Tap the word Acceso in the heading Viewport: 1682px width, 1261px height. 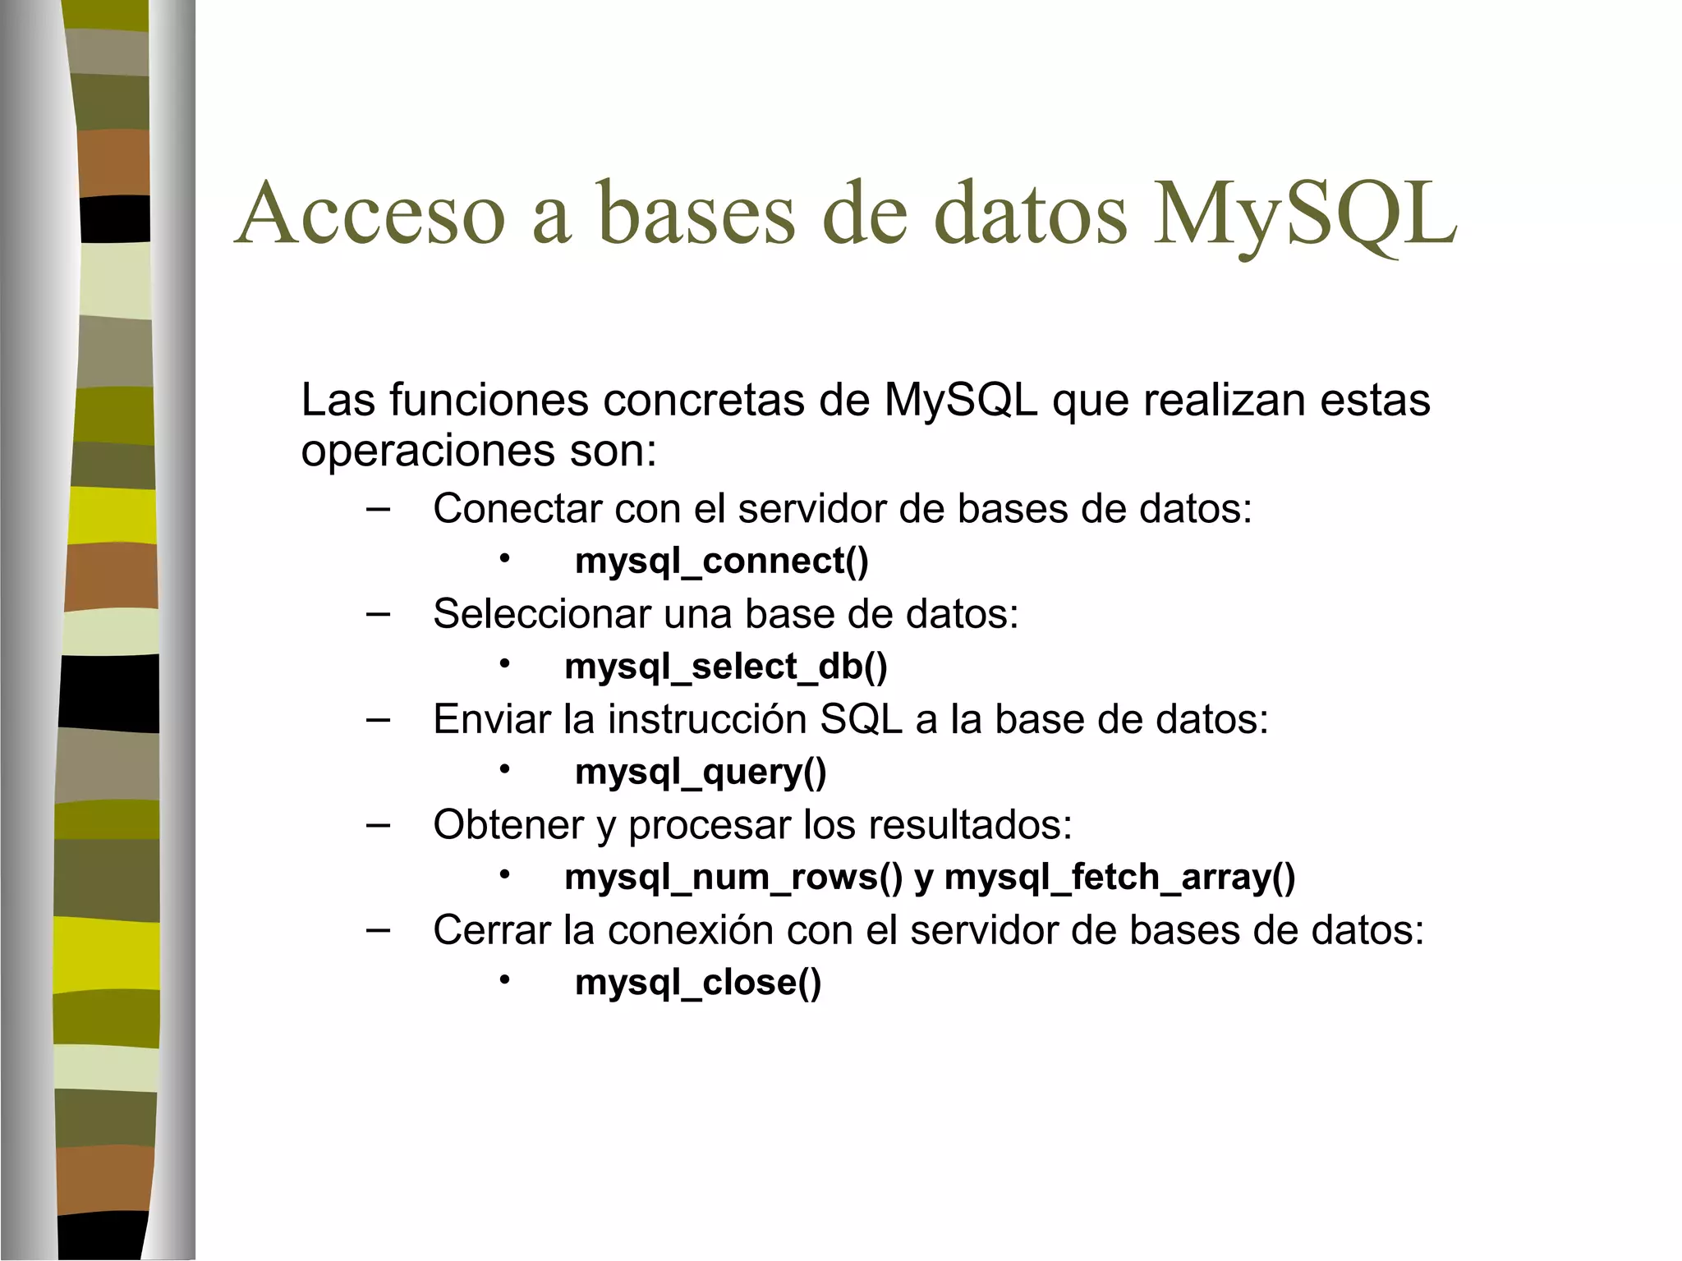point(370,215)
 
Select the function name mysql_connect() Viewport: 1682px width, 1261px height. point(721,562)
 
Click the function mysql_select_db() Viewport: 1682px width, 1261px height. point(726,667)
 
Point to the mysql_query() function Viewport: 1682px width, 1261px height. point(701,773)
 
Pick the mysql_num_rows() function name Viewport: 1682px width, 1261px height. point(733,878)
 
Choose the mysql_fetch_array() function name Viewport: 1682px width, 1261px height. point(1119,878)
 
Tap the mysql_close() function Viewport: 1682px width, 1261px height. point(698,983)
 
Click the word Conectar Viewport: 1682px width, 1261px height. point(517,509)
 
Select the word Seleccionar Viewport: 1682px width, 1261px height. point(541,614)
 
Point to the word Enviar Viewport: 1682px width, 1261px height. point(492,720)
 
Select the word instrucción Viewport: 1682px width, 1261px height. point(707,720)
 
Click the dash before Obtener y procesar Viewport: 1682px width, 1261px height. point(378,824)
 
